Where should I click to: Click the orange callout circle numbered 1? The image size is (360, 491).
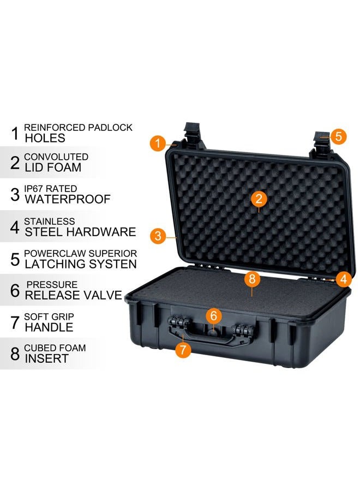158,143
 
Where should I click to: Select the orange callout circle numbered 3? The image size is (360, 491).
158,236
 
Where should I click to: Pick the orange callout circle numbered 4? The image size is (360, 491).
343,279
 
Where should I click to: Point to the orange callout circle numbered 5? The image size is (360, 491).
338,136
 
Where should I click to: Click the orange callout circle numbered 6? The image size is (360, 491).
214,315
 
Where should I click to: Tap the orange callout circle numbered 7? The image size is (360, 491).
183,349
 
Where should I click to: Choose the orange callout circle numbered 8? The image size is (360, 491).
251,279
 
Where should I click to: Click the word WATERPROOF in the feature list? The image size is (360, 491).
68,200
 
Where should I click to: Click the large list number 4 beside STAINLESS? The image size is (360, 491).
15,227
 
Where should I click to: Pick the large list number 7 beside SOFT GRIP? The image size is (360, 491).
15,322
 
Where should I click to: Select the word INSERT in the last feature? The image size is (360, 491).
46,358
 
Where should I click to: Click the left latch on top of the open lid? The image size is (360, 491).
194,134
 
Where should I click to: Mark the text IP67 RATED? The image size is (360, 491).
50,189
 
